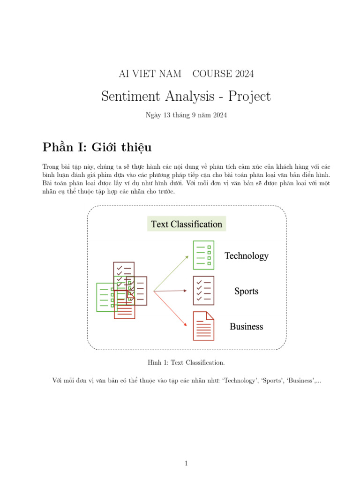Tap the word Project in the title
click(249, 97)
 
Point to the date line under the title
click(186, 115)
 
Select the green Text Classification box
click(187, 224)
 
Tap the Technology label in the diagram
click(247, 256)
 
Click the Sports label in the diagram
click(247, 291)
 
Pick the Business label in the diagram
click(247, 327)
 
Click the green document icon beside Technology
click(203, 255)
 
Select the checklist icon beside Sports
click(203, 291)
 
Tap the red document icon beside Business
click(203, 326)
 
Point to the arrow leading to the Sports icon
click(172, 291)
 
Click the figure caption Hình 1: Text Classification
click(186, 362)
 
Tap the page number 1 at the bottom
click(186, 464)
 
